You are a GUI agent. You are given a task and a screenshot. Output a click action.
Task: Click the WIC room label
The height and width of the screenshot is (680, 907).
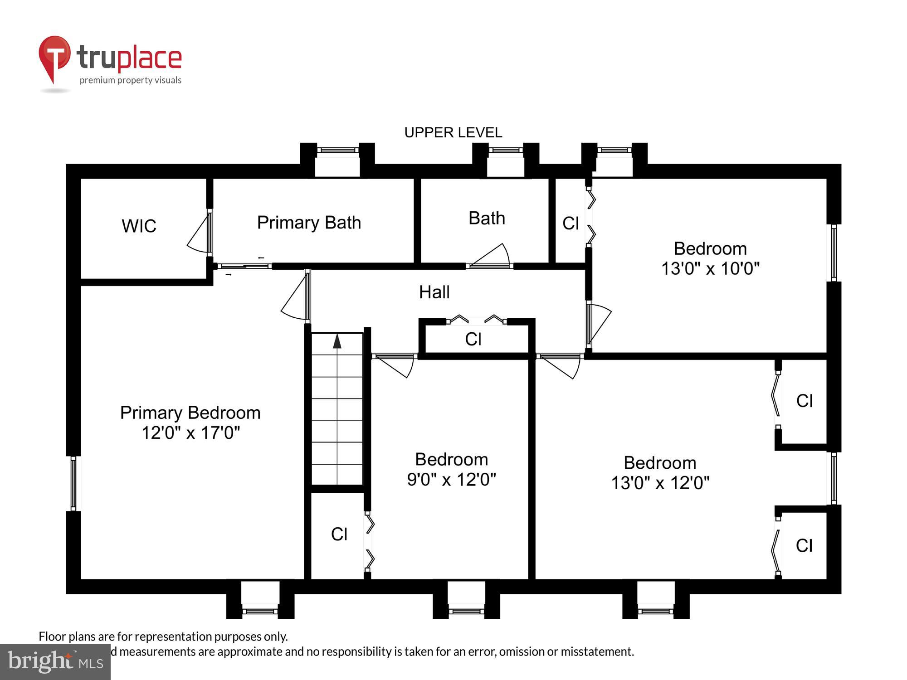(x=139, y=226)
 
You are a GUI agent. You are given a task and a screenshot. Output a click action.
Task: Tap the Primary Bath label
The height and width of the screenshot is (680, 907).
(x=309, y=223)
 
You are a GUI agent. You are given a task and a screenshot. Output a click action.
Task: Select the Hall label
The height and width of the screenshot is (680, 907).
(x=434, y=292)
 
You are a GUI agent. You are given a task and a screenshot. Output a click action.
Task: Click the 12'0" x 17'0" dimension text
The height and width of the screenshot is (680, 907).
(x=190, y=433)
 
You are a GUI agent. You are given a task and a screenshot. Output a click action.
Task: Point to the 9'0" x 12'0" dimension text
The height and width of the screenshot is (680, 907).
(x=451, y=480)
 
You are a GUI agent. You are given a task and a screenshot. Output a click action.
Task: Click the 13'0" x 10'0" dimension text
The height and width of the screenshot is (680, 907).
(x=710, y=268)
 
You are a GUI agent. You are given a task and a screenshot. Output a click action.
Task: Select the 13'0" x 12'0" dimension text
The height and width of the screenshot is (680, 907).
(x=660, y=483)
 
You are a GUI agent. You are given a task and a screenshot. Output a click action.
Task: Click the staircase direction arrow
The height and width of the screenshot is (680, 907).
(x=337, y=341)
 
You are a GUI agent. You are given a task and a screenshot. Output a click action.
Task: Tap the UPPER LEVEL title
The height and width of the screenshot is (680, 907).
(x=453, y=132)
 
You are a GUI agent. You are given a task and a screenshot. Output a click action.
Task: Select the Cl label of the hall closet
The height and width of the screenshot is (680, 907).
(x=473, y=339)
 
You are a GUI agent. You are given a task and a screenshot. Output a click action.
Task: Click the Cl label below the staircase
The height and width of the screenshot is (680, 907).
(x=339, y=534)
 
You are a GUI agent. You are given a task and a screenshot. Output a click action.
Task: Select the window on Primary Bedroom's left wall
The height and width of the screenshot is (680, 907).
(x=73, y=483)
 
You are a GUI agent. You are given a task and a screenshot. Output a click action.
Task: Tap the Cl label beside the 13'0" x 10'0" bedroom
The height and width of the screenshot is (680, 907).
(x=571, y=223)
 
